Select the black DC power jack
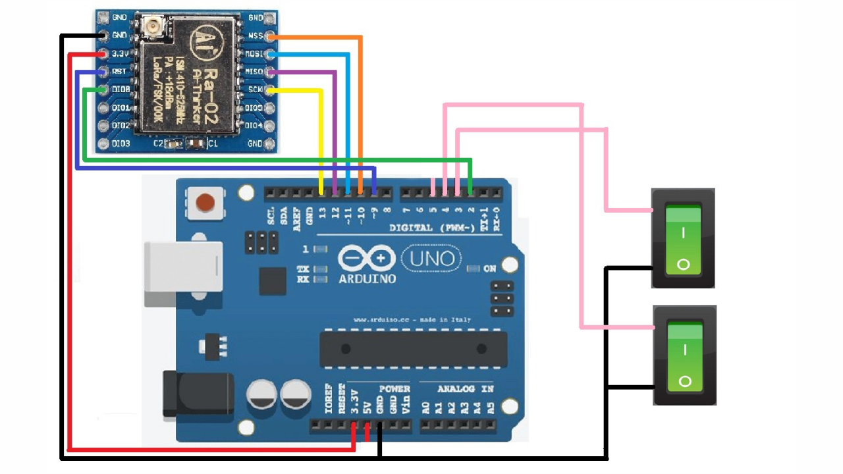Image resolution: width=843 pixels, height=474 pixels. pyautogui.click(x=198, y=396)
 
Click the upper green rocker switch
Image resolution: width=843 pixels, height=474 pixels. pyautogui.click(x=683, y=238)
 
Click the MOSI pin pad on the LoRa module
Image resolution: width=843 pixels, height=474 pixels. pyautogui.click(x=269, y=53)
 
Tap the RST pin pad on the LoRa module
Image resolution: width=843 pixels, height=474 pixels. pyautogui.click(x=103, y=71)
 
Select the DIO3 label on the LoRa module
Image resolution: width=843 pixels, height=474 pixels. pyautogui.click(x=121, y=143)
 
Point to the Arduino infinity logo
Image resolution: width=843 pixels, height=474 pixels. pyautogui.click(x=367, y=258)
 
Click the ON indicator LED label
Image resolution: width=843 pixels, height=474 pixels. pyautogui.click(x=490, y=269)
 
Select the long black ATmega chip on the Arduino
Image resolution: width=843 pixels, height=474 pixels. pyautogui.click(x=413, y=349)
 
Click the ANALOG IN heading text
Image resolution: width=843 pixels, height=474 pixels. pyautogui.click(x=456, y=388)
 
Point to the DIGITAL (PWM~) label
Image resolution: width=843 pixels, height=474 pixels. pyautogui.click(x=431, y=228)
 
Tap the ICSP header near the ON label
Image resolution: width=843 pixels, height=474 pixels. pyautogui.click(x=503, y=300)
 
